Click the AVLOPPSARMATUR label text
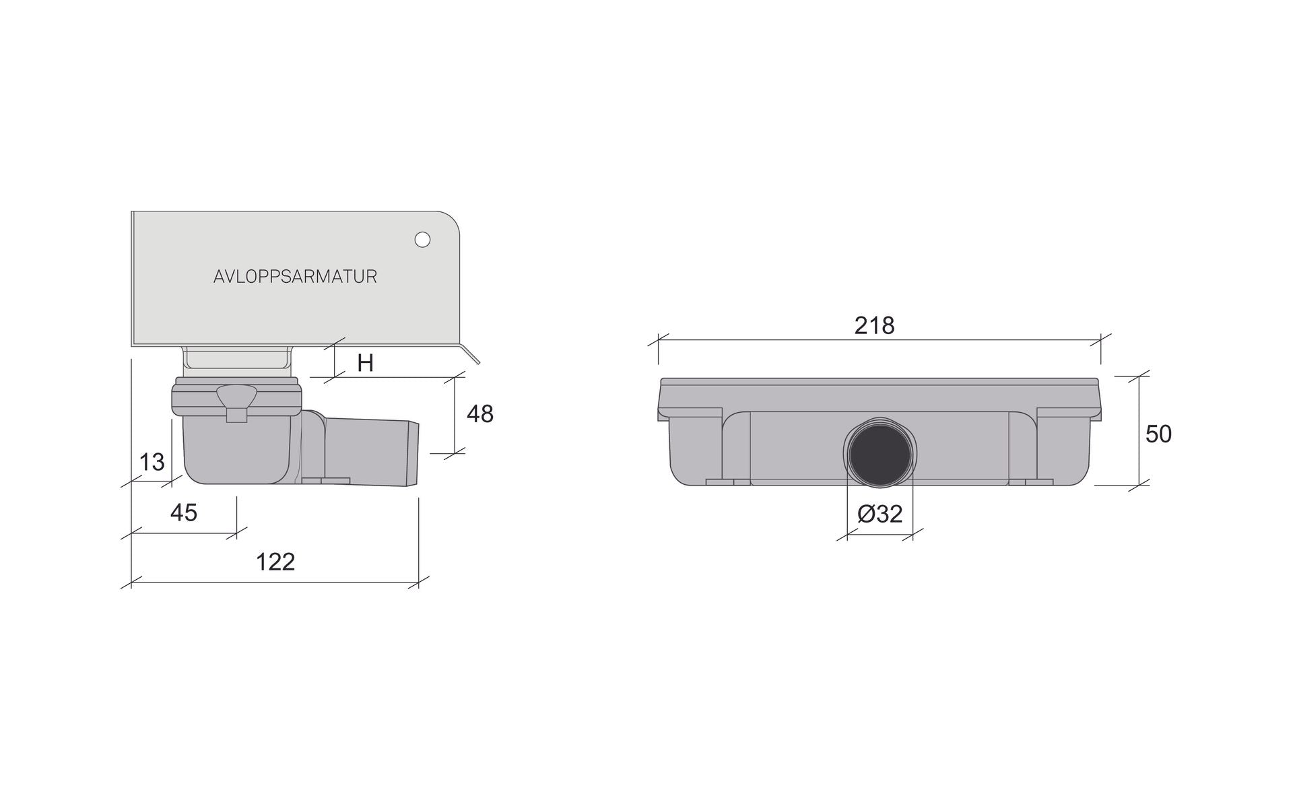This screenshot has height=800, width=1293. (x=295, y=277)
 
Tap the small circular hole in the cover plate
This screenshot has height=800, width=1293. (x=422, y=239)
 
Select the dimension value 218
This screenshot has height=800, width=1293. (x=874, y=325)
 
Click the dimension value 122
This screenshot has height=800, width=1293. (x=275, y=562)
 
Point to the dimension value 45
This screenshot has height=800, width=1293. (x=184, y=513)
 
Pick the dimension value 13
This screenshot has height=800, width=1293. (x=152, y=462)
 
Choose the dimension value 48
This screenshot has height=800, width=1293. (x=480, y=414)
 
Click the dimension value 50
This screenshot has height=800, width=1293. (x=1158, y=434)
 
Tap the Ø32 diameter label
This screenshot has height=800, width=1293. (x=880, y=514)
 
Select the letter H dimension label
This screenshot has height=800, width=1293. (x=365, y=364)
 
